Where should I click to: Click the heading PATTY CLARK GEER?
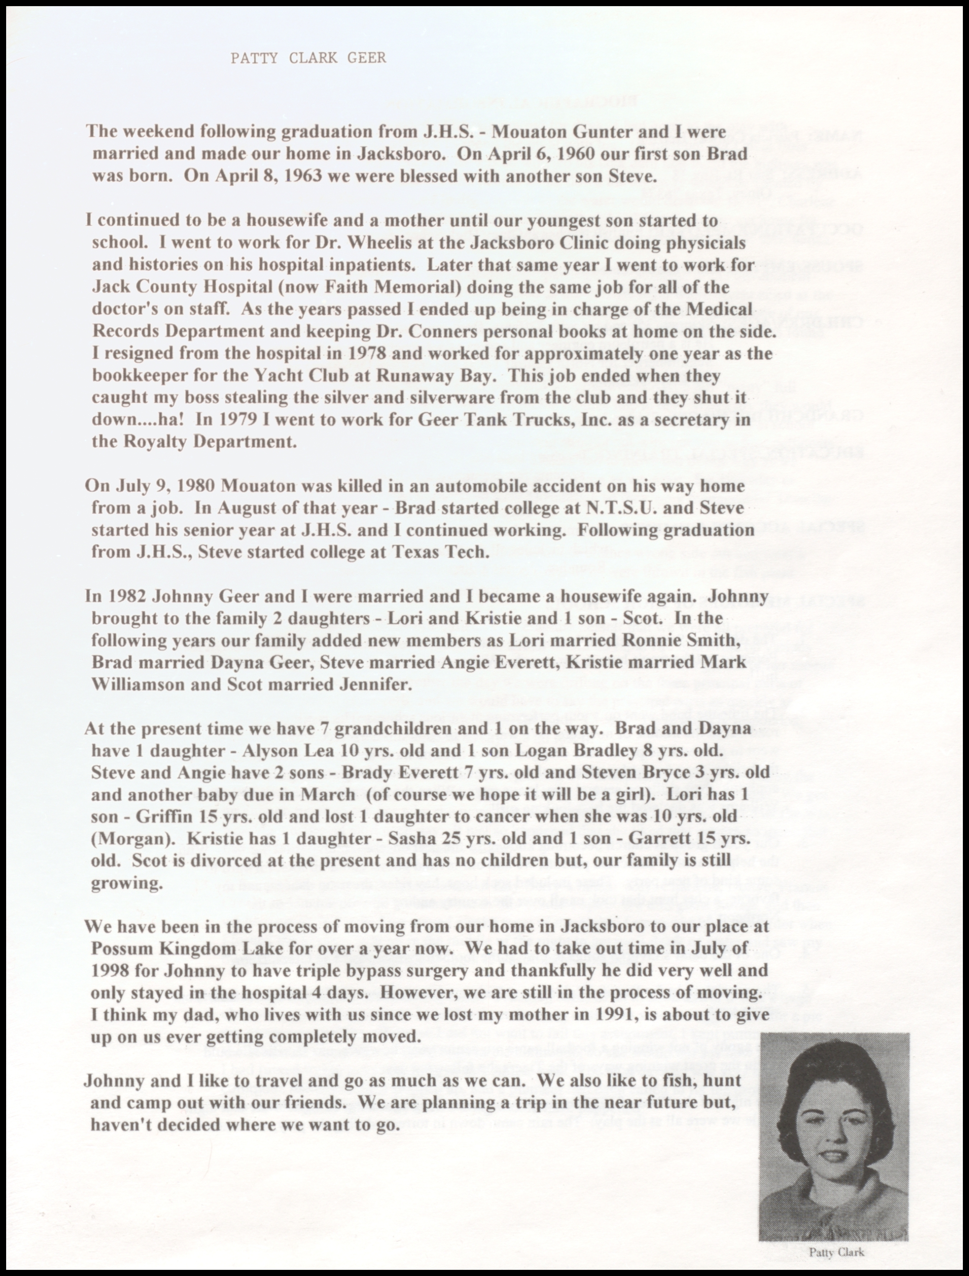coord(308,58)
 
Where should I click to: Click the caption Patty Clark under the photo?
coord(836,1252)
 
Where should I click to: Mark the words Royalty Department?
coord(194,442)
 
